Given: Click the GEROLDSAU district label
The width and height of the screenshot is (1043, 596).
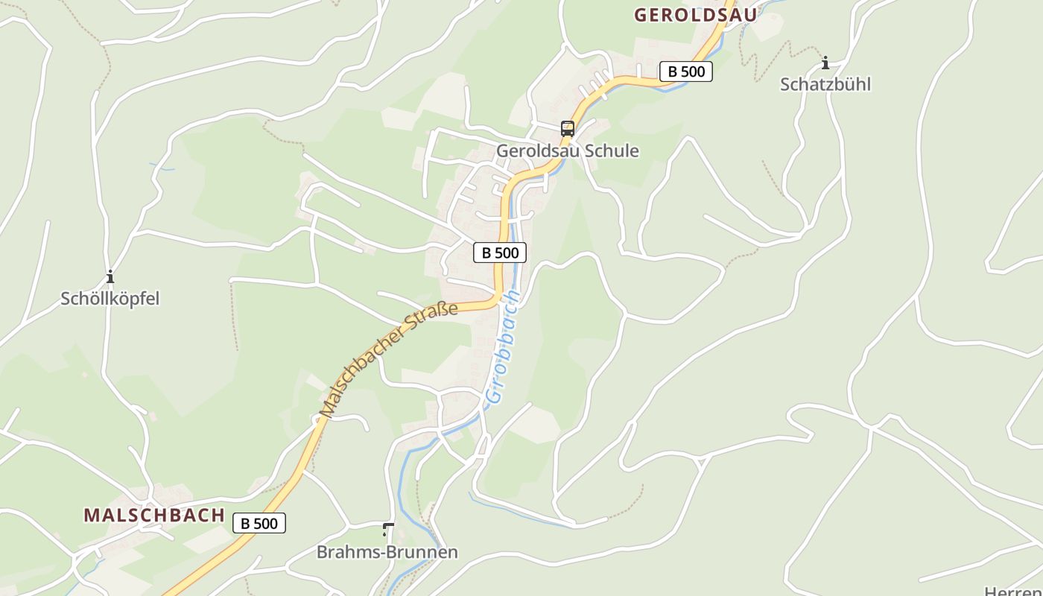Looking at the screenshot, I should (695, 14).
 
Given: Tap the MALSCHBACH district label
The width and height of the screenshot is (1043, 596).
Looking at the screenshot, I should (154, 515).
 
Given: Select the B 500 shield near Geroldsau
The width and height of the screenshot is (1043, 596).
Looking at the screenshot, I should (686, 72).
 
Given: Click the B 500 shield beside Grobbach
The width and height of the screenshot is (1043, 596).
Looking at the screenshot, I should (500, 253).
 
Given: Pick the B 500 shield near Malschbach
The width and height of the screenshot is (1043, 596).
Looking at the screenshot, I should (259, 523).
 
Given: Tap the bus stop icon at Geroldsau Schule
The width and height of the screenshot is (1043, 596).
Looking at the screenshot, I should (568, 128).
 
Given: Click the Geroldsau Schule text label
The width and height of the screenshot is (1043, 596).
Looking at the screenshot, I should (568, 150).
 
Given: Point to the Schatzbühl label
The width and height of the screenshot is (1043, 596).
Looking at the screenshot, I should (825, 84).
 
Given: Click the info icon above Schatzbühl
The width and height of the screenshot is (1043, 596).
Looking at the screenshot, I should (825, 63).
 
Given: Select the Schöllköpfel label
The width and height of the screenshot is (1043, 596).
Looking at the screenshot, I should (110, 299).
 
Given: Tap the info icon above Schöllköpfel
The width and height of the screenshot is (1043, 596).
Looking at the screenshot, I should (110, 276).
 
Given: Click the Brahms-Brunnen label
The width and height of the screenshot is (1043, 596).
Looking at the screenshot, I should (387, 552).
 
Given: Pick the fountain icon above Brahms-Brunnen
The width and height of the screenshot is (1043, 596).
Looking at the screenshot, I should (387, 529).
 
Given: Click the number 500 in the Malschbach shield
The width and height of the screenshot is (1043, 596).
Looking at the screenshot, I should (265, 523).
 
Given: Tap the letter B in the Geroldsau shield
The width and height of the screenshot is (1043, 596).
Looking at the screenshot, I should (672, 72).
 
